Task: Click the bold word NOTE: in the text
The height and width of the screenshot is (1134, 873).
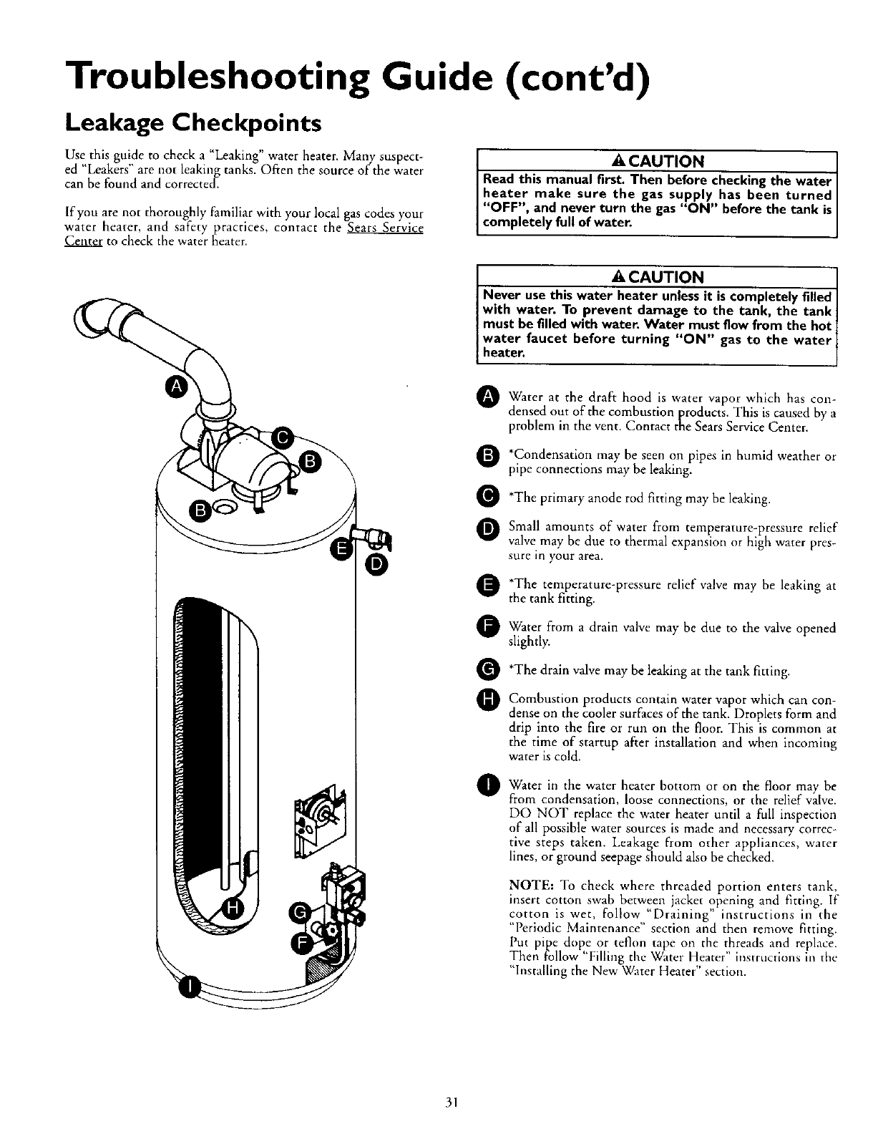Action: [x=530, y=881]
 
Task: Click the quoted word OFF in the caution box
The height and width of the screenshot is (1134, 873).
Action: [x=505, y=208]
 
